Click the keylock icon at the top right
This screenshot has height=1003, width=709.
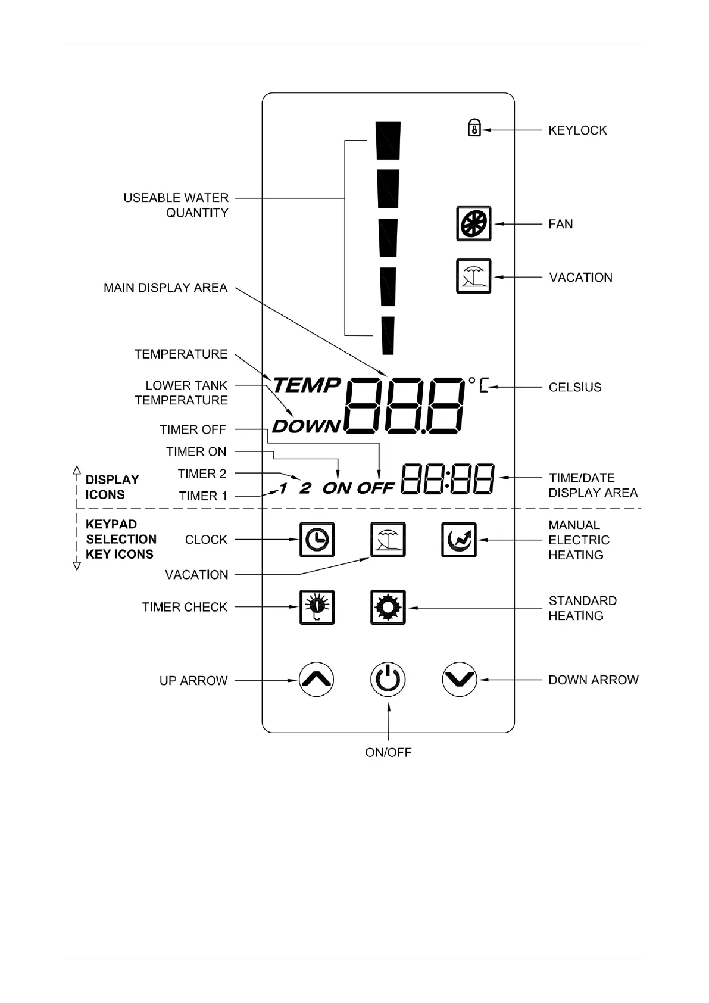(474, 128)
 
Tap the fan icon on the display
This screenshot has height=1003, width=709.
(474, 224)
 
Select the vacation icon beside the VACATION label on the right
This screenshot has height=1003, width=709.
(474, 276)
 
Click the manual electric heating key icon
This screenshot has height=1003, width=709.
(459, 540)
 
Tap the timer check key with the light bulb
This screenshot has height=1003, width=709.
(317, 607)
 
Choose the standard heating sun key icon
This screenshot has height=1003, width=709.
(388, 608)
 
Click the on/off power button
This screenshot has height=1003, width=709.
(388, 680)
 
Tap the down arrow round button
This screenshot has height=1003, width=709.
(460, 680)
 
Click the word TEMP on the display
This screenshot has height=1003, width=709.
(307, 385)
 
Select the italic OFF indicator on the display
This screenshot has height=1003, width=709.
(376, 488)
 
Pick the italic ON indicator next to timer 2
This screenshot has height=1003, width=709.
(337, 488)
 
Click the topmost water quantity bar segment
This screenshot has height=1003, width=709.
(388, 141)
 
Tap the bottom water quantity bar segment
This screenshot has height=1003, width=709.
(388, 335)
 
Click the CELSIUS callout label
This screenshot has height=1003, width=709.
(574, 387)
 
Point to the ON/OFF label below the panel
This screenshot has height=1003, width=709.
(388, 752)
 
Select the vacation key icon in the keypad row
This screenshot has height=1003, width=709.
(388, 540)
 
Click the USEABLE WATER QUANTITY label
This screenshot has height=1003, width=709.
(176, 205)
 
